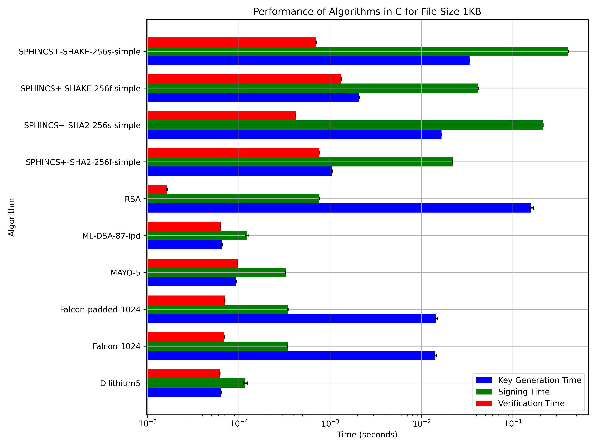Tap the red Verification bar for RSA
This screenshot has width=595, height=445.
157,190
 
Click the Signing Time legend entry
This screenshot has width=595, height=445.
524,392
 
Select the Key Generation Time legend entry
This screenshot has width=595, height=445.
539,380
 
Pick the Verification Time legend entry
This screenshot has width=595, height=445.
531,403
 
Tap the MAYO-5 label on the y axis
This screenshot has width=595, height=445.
125,273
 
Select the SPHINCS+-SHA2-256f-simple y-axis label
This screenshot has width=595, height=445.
83,162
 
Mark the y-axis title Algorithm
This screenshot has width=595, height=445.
11,217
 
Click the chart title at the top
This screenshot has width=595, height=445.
367,12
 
